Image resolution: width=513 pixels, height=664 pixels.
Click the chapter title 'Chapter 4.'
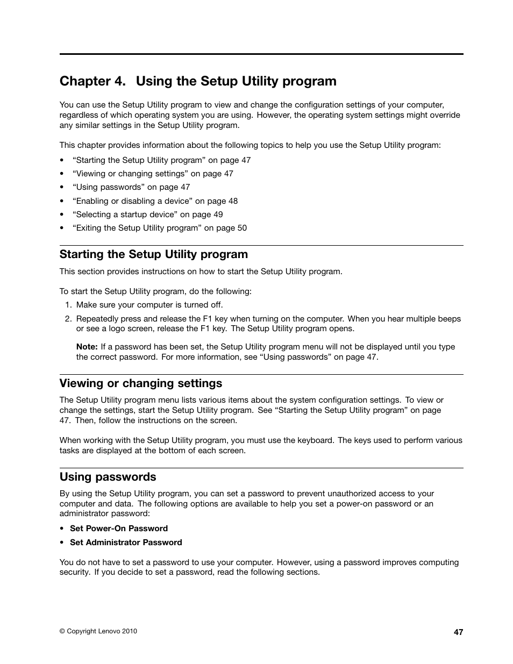click(92, 81)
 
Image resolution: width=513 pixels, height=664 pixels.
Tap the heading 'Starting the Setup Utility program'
click(154, 254)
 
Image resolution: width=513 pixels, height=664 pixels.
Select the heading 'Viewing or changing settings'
click(141, 383)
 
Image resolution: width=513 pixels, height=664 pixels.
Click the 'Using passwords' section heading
click(108, 477)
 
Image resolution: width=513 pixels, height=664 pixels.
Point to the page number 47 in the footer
click(458, 632)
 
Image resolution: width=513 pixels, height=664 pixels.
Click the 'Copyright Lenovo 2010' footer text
click(98, 631)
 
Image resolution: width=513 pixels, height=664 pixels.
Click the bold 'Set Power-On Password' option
click(119, 529)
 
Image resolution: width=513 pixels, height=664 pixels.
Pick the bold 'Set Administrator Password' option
click(126, 542)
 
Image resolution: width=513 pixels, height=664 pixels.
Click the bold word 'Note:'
click(87, 347)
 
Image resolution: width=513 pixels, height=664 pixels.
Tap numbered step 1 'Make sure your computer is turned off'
click(149, 305)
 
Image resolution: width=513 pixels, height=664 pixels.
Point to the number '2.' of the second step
click(68, 319)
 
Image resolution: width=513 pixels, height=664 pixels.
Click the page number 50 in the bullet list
click(242, 228)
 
